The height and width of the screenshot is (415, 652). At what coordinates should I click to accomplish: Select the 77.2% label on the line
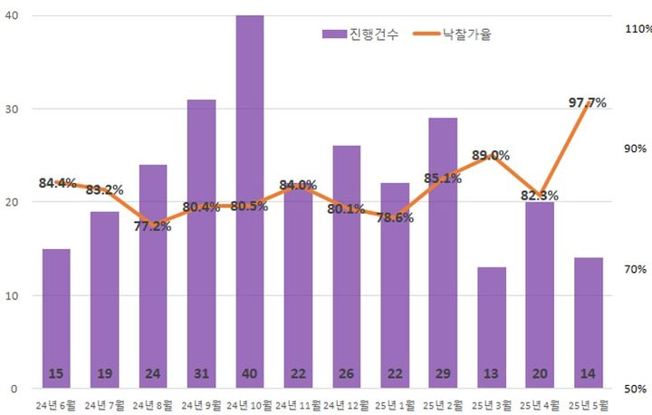click(152, 226)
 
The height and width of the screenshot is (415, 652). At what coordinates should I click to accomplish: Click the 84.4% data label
click(57, 183)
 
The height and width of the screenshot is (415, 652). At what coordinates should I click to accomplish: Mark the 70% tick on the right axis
click(637, 269)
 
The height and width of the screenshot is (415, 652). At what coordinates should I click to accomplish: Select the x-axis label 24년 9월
click(201, 404)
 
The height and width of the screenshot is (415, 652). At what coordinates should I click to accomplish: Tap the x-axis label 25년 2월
click(443, 404)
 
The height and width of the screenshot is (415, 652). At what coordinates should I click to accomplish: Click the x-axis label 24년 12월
click(347, 404)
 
